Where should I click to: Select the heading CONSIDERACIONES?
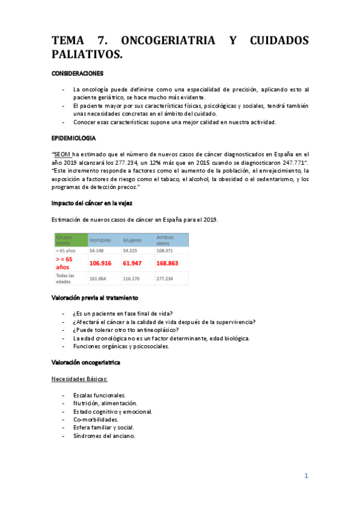click(77, 74)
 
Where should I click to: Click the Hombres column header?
click(100, 239)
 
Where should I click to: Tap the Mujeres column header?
click(132, 239)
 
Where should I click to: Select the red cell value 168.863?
click(171, 262)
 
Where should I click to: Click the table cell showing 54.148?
click(97, 250)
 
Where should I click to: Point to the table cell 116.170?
click(132, 278)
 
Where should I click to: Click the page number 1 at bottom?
click(306, 476)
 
